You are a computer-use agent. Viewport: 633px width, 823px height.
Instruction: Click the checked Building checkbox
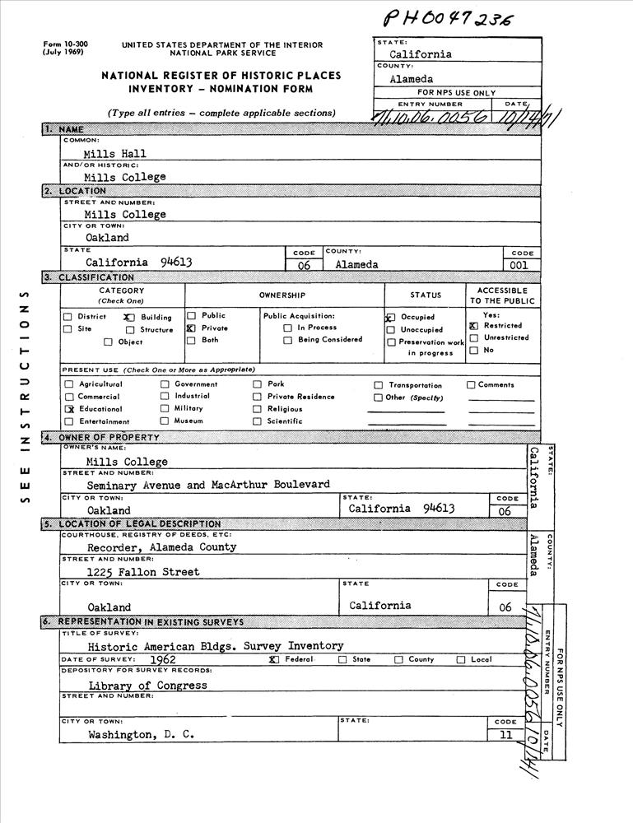[x=128, y=317]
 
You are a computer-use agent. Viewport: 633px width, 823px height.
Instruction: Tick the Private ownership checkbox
[x=191, y=328]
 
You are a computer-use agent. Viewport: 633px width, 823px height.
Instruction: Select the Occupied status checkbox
[x=390, y=317]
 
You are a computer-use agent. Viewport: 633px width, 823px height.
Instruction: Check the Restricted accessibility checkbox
[x=473, y=326]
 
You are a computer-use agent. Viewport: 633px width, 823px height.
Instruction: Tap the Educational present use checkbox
[x=70, y=409]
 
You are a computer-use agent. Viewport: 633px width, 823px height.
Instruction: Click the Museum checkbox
[x=165, y=421]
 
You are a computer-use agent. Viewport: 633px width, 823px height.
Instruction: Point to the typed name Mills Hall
[x=114, y=153]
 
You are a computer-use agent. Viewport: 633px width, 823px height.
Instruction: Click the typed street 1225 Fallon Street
[x=143, y=571]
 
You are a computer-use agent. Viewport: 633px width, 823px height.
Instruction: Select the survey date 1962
[x=163, y=659]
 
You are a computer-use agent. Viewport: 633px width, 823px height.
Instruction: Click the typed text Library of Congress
[x=147, y=685]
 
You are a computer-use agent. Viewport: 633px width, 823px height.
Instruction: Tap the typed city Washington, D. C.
[x=141, y=735]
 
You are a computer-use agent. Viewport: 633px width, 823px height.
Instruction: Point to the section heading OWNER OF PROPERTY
[x=109, y=437]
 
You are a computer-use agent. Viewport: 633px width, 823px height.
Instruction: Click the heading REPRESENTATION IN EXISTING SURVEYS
[x=150, y=622]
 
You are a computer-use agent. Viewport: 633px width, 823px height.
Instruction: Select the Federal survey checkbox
[x=274, y=660]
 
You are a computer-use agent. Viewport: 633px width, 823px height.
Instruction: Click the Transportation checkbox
[x=379, y=385]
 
